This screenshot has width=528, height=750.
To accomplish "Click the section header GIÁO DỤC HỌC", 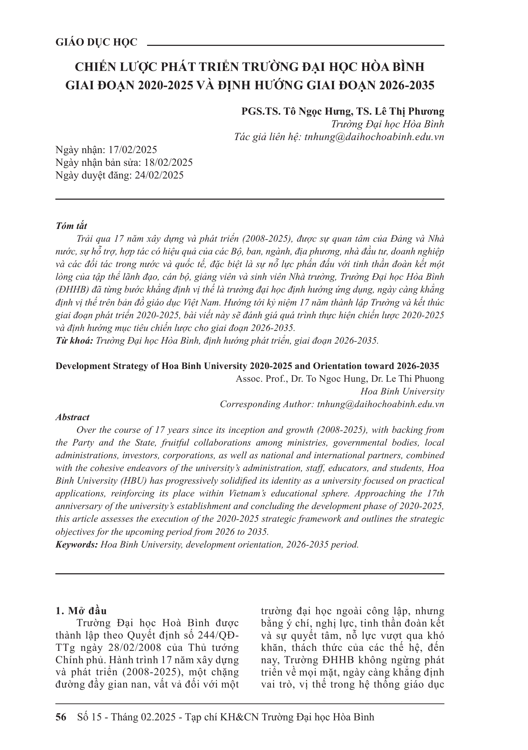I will click(x=96, y=43).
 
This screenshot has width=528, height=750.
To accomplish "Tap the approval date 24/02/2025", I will click(x=159, y=175).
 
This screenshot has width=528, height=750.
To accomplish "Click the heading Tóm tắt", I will click(x=71, y=226).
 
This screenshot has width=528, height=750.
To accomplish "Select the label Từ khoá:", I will click(x=74, y=341).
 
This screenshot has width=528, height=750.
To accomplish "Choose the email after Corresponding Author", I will click(x=381, y=404).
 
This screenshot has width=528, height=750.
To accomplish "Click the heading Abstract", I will click(x=72, y=417).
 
